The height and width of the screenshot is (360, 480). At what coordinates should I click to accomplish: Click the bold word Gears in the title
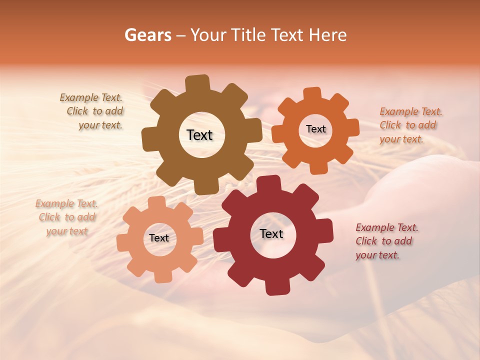(148, 35)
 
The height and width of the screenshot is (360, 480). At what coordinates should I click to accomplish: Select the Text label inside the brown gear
(199, 135)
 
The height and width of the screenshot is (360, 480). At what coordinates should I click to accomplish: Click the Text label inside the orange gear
(315, 129)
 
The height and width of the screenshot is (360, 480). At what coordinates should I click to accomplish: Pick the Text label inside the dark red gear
(271, 233)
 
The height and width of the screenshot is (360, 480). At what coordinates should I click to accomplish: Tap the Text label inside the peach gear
(159, 238)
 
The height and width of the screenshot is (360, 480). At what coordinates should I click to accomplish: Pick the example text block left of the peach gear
(67, 217)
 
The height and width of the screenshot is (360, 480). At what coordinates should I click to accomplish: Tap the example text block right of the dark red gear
(386, 241)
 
